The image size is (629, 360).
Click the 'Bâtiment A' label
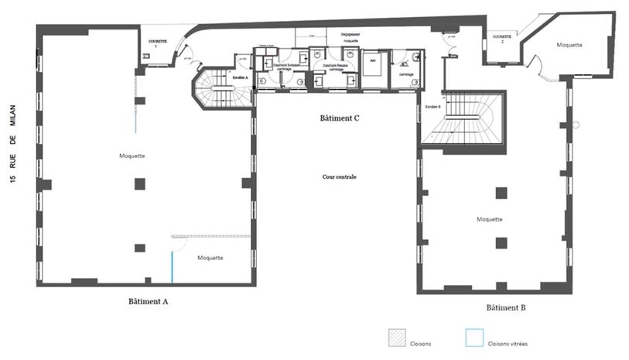point(149,301)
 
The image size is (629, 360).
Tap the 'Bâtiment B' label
point(506,307)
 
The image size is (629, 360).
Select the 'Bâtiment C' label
point(340,118)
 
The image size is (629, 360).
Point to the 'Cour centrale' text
point(339,177)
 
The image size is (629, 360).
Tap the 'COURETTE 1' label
point(158,43)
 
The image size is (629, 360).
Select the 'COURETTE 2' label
point(502,36)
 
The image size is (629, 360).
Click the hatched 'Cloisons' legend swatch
point(398,339)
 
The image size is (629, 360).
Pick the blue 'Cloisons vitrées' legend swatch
point(474,339)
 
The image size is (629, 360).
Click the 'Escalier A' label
point(241,77)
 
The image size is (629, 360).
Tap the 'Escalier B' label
point(432,105)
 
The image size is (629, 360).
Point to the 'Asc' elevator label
point(372,60)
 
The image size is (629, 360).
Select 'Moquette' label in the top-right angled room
point(569,45)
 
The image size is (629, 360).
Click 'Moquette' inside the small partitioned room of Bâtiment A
point(210,258)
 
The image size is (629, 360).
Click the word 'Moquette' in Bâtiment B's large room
point(491,219)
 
